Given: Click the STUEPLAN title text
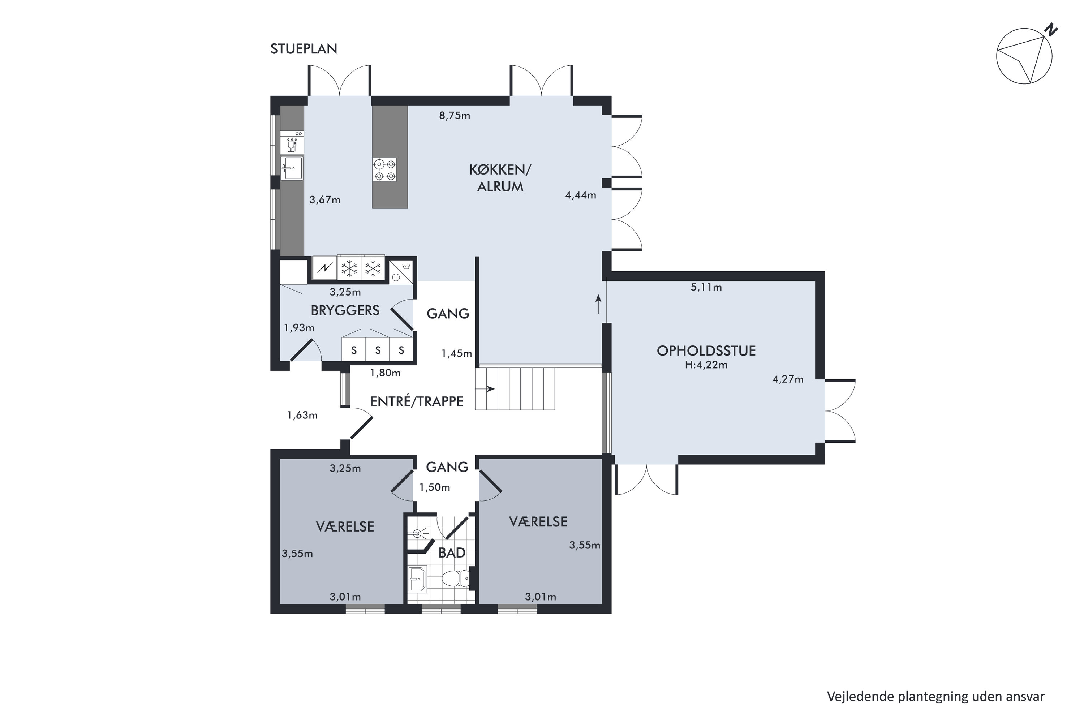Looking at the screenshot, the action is [x=304, y=49].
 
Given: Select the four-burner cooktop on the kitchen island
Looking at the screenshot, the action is [x=384, y=170].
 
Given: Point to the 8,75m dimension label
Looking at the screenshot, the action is [x=455, y=116].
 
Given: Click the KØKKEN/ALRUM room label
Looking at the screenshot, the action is [x=500, y=178].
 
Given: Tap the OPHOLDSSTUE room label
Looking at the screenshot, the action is [x=706, y=351].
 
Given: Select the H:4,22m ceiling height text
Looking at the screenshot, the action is [x=706, y=365].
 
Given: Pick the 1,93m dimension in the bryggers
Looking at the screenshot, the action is [x=299, y=328].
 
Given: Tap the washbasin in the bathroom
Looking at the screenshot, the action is [x=418, y=579].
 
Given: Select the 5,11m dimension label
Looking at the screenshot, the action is [x=706, y=287].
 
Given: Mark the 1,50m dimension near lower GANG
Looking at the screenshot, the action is [x=434, y=487].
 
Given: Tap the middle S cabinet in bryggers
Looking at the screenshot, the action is [x=378, y=350].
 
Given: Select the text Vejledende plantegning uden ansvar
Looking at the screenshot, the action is [x=935, y=696].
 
